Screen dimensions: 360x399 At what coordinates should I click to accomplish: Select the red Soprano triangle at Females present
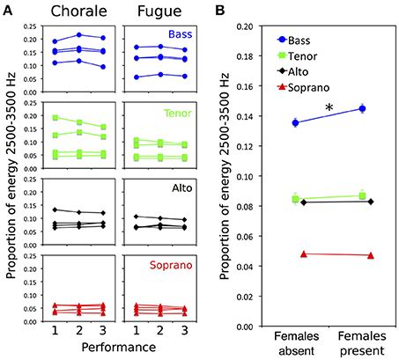(369, 256)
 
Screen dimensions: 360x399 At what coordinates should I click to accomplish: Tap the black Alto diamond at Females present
(369, 202)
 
